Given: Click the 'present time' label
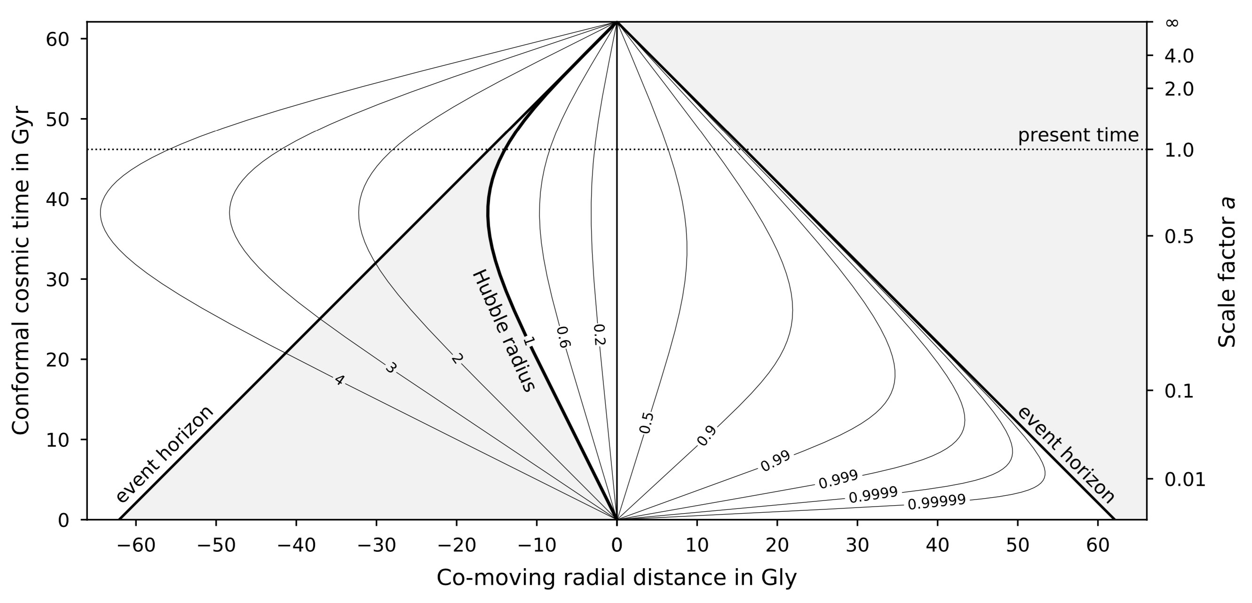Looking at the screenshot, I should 1078,135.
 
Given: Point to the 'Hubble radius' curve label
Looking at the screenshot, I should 504,330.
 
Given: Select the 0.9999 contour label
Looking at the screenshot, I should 873,495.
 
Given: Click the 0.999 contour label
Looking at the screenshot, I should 839,479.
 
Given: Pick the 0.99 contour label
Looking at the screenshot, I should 775,461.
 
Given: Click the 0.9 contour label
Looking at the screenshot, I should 707,436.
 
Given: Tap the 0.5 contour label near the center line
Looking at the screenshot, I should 646,423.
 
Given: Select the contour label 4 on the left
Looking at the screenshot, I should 339,380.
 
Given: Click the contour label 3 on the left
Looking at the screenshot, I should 390,368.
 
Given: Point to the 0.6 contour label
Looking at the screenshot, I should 563,337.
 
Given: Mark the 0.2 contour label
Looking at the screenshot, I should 599,334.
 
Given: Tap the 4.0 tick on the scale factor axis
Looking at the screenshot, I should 1179,56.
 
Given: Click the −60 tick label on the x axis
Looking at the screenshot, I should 135,545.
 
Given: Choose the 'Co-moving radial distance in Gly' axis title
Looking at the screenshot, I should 616,578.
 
